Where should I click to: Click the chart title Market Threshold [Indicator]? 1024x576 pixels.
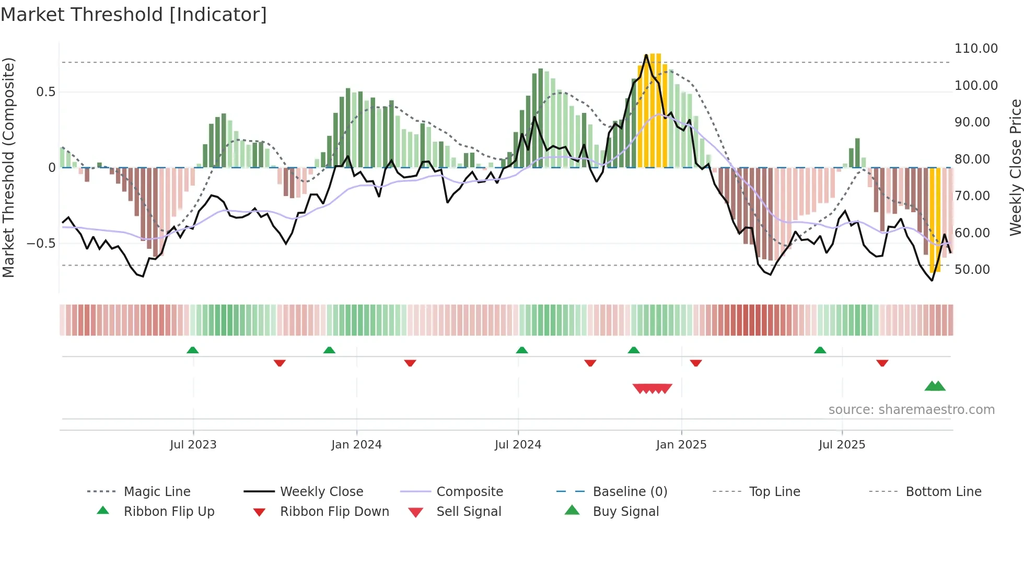click(x=134, y=15)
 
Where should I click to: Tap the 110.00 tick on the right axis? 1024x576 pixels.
click(x=975, y=49)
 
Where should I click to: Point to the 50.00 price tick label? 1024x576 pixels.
click(x=972, y=270)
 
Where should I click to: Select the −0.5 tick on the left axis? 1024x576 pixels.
click(x=41, y=244)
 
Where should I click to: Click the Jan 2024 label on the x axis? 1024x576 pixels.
click(x=356, y=445)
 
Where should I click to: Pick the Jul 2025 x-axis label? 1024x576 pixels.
click(x=842, y=445)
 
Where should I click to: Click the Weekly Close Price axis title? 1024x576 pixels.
click(x=1015, y=167)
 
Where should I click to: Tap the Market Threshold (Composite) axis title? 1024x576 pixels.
click(x=8, y=167)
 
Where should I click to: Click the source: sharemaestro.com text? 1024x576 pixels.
click(x=911, y=410)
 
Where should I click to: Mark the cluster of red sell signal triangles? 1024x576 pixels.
click(x=652, y=388)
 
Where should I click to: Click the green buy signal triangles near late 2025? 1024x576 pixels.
click(x=935, y=386)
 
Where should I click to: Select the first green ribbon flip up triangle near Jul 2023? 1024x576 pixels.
click(x=193, y=350)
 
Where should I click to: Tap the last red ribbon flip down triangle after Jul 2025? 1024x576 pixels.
click(x=882, y=363)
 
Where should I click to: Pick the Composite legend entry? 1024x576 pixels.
click(x=469, y=492)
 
